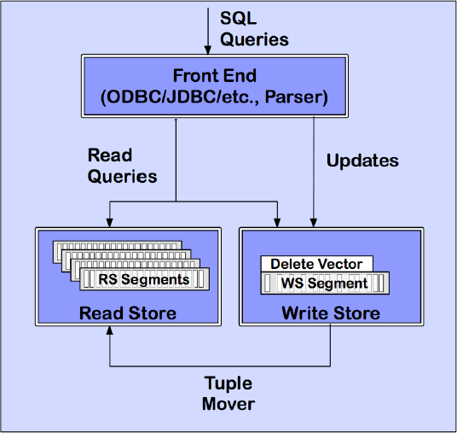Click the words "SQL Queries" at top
254,29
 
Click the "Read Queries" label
122,165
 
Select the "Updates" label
362,160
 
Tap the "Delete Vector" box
315,265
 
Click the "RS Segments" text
143,279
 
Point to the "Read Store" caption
127,313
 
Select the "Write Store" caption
331,313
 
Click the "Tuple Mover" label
228,393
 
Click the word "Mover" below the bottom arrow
228,403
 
